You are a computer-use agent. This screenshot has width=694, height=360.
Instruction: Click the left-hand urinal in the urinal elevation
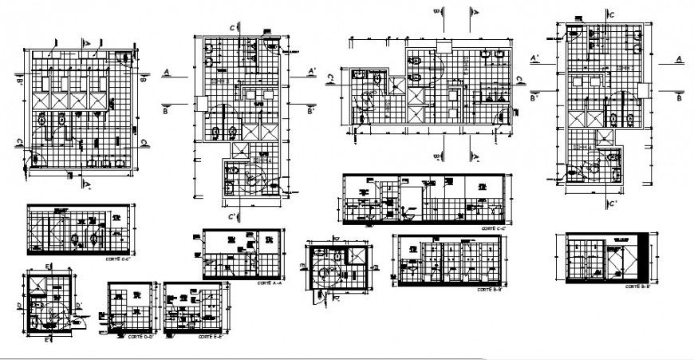pyautogui.click(x=74, y=239)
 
